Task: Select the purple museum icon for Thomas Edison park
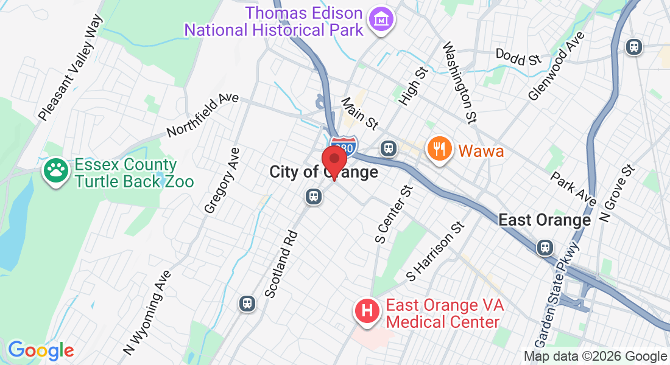pos(383,20)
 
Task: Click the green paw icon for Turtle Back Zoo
pos(56,172)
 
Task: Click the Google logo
pos(41,350)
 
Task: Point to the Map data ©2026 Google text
pos(596,356)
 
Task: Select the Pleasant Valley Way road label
pos(69,67)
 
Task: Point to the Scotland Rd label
pos(281,263)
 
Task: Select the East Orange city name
pos(545,220)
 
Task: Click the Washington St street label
pos(459,81)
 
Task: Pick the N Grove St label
pos(616,193)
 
